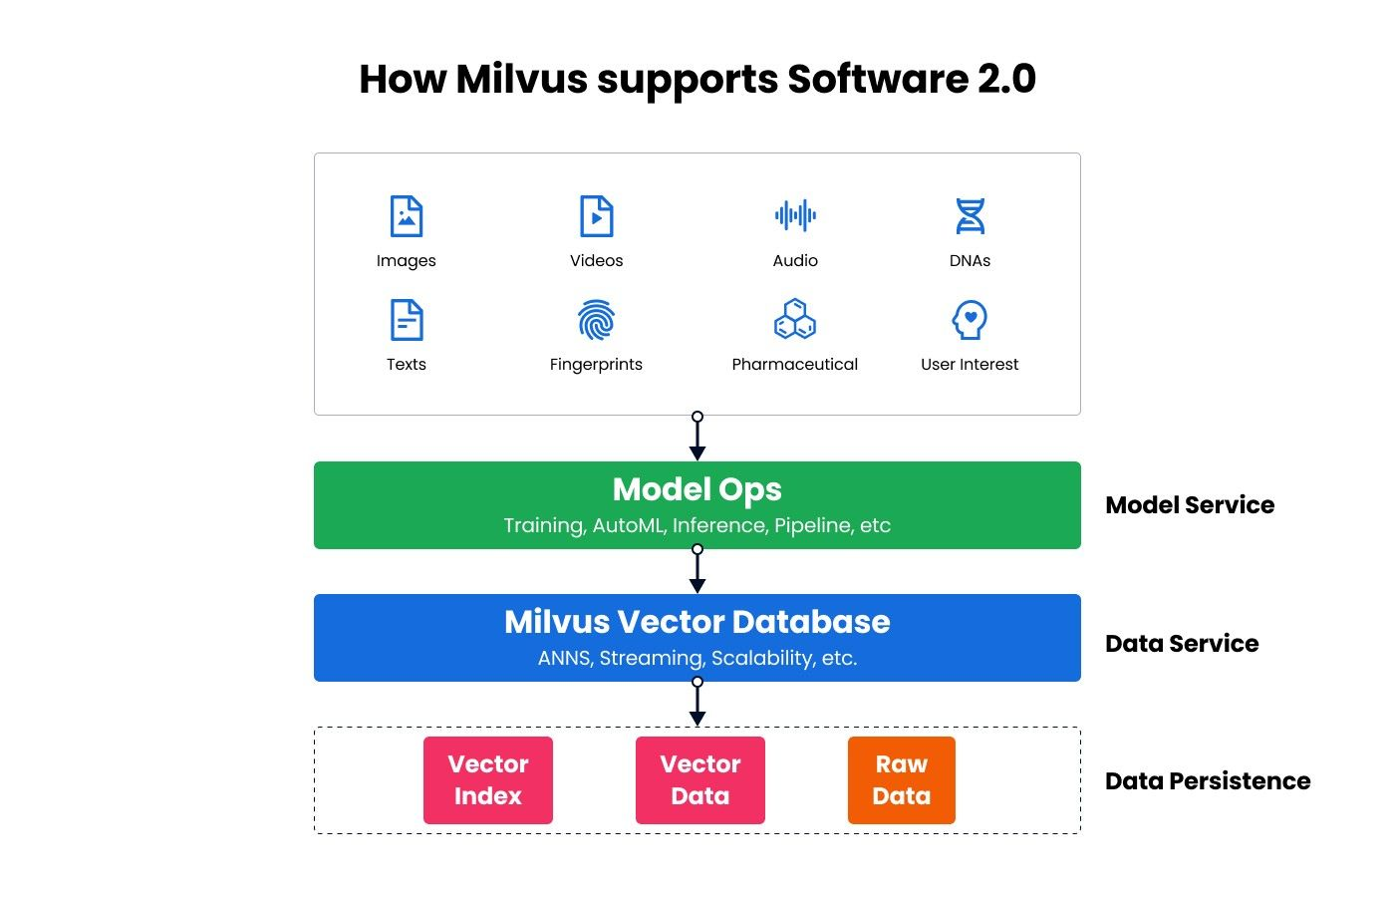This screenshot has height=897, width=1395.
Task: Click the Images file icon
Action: [x=407, y=216]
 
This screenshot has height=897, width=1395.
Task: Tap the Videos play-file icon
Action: [x=596, y=216]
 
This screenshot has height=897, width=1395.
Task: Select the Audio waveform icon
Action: [x=795, y=215]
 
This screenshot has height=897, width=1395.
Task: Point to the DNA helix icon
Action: [x=970, y=216]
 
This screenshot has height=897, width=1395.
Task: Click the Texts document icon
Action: [x=407, y=320]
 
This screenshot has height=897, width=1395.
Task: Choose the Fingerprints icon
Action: [x=596, y=320]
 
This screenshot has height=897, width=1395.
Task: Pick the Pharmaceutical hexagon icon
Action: [x=795, y=319]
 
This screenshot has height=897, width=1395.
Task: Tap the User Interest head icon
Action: [x=970, y=320]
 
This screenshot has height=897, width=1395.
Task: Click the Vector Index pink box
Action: [x=488, y=780]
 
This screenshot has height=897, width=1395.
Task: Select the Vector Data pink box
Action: [x=700, y=780]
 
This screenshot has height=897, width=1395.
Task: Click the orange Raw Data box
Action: [x=902, y=780]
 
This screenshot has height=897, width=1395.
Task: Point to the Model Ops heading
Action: [x=697, y=489]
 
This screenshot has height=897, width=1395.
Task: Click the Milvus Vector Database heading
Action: [x=697, y=622]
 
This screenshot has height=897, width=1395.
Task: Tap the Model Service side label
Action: [x=1190, y=505]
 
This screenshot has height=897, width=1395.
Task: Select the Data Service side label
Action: [x=1182, y=644]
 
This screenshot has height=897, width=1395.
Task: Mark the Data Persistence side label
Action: [x=1208, y=781]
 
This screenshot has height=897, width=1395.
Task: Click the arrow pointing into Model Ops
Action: [x=697, y=439]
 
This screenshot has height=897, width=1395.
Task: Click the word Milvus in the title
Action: [x=521, y=80]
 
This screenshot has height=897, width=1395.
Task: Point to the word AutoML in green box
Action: [x=628, y=526]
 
